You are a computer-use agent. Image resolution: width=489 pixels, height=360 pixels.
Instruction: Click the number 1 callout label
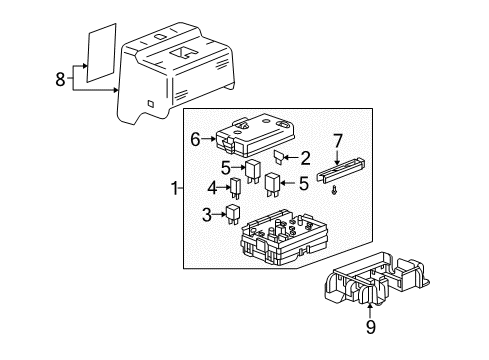(x=177, y=188)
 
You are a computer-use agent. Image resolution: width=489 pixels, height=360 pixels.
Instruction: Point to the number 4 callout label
(x=212, y=187)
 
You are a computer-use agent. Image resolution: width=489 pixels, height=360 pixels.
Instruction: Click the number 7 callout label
(x=337, y=141)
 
